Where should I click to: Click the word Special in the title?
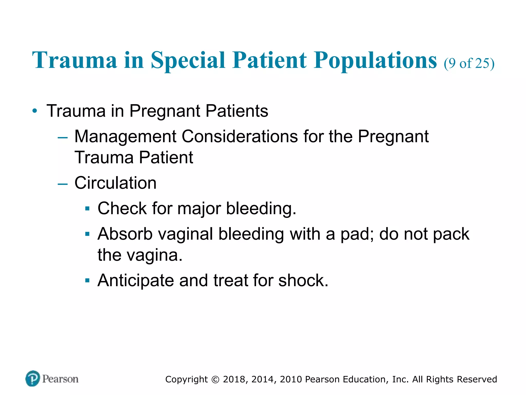[188, 60]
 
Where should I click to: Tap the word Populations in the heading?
[375, 60]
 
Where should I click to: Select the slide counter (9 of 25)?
[469, 63]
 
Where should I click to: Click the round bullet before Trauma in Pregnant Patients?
[35, 111]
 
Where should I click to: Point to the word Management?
[125, 137]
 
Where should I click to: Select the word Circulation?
[115, 183]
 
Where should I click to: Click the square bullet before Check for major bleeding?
[87, 209]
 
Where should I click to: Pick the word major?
[199, 209]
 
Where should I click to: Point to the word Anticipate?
[136, 280]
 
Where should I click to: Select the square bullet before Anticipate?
[87, 280]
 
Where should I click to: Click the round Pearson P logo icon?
[33, 379]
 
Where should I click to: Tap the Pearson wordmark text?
[60, 379]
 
